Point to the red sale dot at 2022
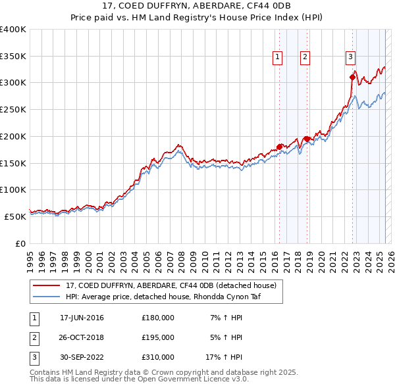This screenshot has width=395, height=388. (x=352, y=77)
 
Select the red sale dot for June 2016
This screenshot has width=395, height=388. (x=279, y=147)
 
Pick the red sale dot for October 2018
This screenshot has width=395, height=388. (x=307, y=139)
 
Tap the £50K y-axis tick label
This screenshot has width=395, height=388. (x=15, y=216)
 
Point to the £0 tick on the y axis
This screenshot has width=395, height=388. (x=20, y=243)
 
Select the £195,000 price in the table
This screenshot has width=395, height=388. (x=158, y=337)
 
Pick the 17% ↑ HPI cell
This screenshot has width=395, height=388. (x=224, y=357)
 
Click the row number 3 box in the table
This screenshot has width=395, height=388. (x=34, y=357)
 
